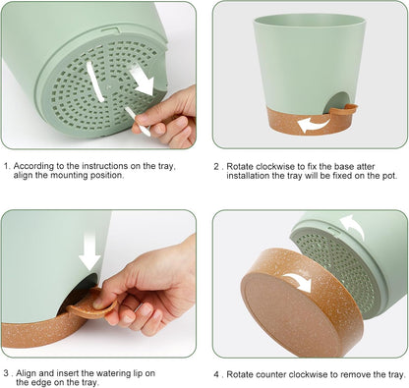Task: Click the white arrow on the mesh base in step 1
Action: [x=143, y=81]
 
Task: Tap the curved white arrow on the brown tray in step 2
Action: [x=313, y=126]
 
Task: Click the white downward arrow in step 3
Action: [x=89, y=251]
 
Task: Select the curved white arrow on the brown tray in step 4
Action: [x=299, y=282]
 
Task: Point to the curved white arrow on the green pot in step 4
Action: [x=353, y=226]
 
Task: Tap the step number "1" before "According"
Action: [x=6, y=166]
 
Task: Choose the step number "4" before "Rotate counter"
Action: [x=216, y=374]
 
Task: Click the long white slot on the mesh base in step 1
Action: [x=94, y=81]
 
